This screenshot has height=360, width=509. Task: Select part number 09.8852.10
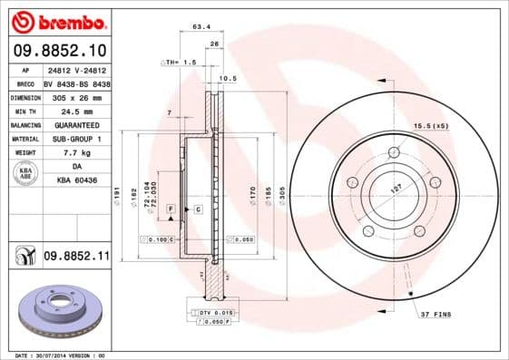62,49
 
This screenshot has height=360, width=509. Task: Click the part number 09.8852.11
76,258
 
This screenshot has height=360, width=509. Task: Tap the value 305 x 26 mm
77,97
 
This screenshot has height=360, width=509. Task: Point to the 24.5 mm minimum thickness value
77,111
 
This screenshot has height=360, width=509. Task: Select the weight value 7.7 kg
77,152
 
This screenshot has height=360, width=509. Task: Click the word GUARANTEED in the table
77,124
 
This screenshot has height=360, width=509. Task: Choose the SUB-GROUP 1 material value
77,139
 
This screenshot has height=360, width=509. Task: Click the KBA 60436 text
77,180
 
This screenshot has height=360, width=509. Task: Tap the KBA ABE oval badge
25,173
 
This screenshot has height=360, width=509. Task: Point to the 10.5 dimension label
228,79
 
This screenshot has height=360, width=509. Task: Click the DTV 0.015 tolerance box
210,313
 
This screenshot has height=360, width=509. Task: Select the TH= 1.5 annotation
179,62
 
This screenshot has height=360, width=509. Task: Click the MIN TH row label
24,111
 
